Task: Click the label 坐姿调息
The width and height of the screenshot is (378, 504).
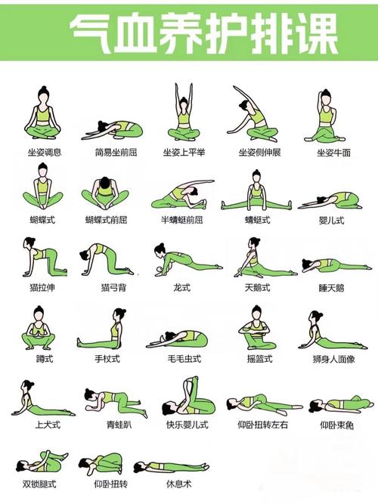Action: (45, 152)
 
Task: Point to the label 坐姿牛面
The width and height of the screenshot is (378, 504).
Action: (333, 153)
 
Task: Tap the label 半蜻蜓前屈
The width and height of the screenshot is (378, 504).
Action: (182, 220)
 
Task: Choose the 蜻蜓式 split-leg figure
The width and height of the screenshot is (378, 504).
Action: (256, 190)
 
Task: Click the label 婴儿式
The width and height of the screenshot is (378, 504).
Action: (331, 220)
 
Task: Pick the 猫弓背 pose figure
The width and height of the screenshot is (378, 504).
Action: (107, 260)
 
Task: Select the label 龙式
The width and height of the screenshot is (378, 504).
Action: (182, 287)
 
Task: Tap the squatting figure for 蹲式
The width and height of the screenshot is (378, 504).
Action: (39, 328)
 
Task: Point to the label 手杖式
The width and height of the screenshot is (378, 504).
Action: (107, 358)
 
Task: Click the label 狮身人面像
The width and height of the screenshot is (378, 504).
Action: (333, 359)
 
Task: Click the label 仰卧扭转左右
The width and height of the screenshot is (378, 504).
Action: (262, 425)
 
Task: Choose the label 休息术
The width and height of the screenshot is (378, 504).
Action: (179, 484)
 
